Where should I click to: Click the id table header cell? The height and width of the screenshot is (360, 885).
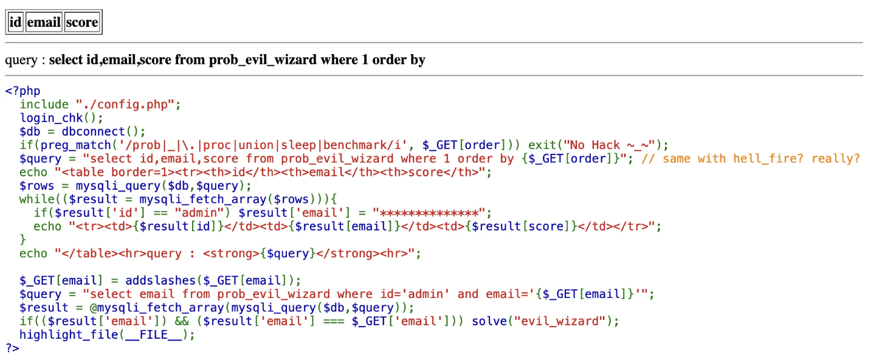click(15, 22)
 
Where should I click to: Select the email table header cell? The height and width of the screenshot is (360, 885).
click(44, 22)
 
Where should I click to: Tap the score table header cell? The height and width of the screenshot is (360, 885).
click(81, 22)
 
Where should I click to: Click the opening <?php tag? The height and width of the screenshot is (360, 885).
click(22, 91)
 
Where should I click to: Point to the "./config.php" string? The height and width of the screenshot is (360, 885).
click(128, 105)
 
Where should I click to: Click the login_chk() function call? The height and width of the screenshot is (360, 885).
click(61, 118)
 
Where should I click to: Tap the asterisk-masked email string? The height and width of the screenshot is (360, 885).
click(432, 213)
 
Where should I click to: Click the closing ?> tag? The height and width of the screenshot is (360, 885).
click(12, 348)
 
